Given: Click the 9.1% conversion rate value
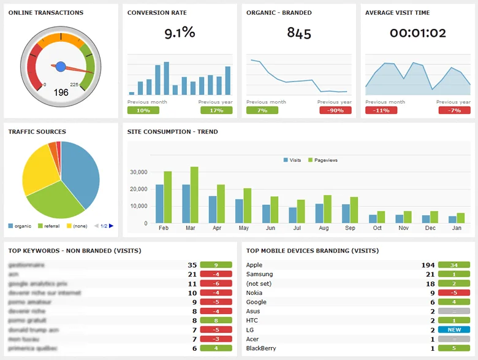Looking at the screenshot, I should pyautogui.click(x=180, y=33).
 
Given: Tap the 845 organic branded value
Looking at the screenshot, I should pyautogui.click(x=299, y=34).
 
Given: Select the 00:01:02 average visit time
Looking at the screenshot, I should pyautogui.click(x=418, y=34).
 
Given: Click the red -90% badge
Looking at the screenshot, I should pyautogui.click(x=335, y=110).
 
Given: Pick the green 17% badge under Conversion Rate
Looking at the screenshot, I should pyautogui.click(x=216, y=110).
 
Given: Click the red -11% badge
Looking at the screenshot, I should pyautogui.click(x=381, y=110).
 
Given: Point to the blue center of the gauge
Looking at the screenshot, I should pyautogui.click(x=61, y=66).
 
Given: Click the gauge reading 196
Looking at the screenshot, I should pyautogui.click(x=61, y=93).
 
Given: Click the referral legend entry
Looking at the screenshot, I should pyautogui.click(x=50, y=226).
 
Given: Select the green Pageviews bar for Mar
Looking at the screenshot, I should pyautogui.click(x=194, y=194).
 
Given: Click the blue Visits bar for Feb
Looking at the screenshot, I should pyautogui.click(x=159, y=203).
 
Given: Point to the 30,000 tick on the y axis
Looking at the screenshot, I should pyautogui.click(x=138, y=172).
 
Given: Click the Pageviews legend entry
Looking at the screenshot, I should pyautogui.click(x=325, y=160).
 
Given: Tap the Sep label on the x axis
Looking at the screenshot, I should pyautogui.click(x=350, y=228).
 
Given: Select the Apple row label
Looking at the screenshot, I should pyautogui.click(x=254, y=265).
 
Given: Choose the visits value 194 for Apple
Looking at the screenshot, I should pyautogui.click(x=428, y=265).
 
